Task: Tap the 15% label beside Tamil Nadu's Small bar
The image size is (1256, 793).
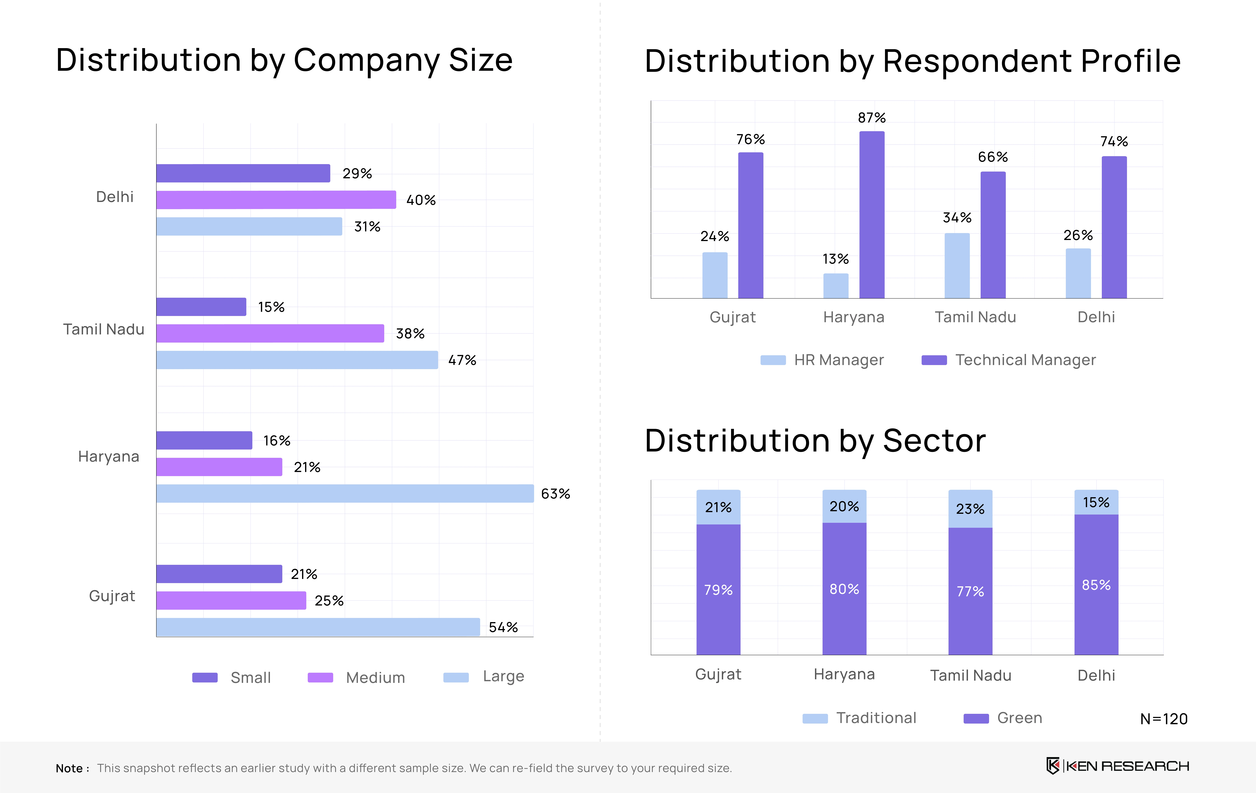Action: [271, 307]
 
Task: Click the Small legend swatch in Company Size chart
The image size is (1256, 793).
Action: [205, 678]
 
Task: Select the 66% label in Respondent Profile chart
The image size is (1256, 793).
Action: [993, 157]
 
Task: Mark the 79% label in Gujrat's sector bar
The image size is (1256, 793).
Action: [718, 590]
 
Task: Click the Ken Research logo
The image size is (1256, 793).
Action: [1118, 766]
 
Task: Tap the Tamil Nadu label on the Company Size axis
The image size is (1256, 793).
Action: [104, 329]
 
